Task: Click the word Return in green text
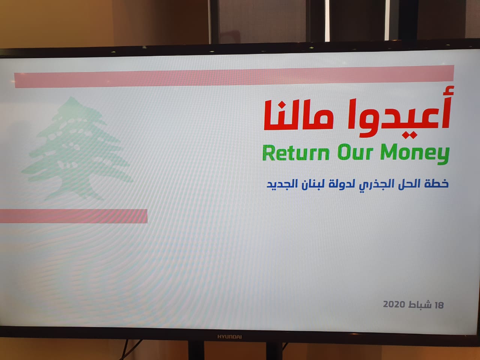pyautogui.click(x=295, y=153)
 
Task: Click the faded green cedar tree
pyautogui.click(x=77, y=148)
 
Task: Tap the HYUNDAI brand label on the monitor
pyautogui.click(x=229, y=337)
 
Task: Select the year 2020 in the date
pyautogui.click(x=394, y=304)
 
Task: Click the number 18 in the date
pyautogui.click(x=439, y=305)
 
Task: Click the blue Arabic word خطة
pyautogui.click(x=436, y=183)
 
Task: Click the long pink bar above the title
pyautogui.click(x=234, y=76)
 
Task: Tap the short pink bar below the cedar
pyautogui.click(x=74, y=216)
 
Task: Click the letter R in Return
pyautogui.click(x=268, y=153)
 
